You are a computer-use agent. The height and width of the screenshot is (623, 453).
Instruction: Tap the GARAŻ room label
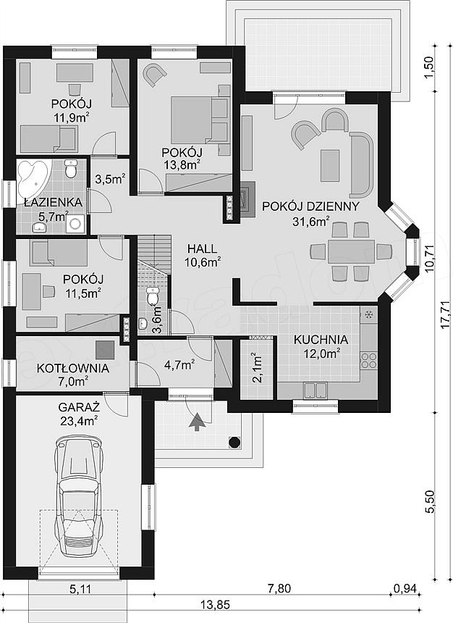(x=79, y=407)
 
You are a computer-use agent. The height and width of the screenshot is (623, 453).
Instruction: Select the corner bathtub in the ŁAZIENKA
(x=33, y=179)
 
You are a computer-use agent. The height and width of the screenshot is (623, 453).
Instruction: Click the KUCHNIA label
(x=321, y=340)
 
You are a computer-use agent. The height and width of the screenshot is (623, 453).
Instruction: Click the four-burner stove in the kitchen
(x=368, y=359)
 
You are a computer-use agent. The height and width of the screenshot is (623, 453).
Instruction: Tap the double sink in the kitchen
(x=316, y=390)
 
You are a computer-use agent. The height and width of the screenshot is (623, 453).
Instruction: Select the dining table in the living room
(x=351, y=251)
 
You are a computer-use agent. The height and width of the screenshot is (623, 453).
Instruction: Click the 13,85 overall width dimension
(x=215, y=605)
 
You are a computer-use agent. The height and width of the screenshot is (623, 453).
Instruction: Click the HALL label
(x=203, y=249)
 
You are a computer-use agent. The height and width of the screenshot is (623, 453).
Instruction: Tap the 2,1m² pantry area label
(x=257, y=367)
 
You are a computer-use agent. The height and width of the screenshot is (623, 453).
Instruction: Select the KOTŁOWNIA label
(x=73, y=368)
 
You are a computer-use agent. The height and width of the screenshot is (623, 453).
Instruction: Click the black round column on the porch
(x=235, y=442)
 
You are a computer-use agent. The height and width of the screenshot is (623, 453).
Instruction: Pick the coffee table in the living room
(x=330, y=165)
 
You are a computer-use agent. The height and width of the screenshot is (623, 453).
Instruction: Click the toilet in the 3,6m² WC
(x=153, y=296)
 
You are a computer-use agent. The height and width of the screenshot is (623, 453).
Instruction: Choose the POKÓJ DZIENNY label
(x=311, y=206)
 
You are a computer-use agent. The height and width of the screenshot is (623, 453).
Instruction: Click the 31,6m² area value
(x=311, y=221)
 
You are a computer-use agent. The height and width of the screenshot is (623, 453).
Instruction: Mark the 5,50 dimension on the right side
(x=431, y=502)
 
